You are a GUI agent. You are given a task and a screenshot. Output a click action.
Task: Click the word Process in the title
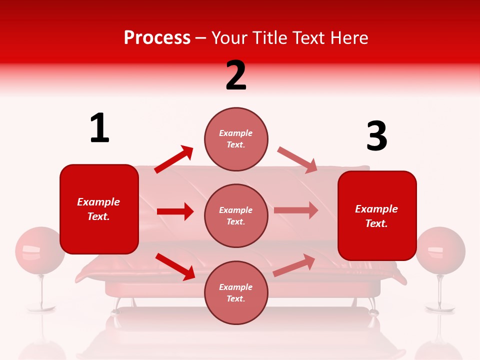pyautogui.click(x=157, y=38)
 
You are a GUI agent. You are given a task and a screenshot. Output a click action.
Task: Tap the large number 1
pyautogui.click(x=99, y=128)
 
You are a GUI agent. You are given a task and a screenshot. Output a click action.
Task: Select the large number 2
pyautogui.click(x=236, y=75)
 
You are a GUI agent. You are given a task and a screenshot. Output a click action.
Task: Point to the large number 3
pyautogui.click(x=376, y=136)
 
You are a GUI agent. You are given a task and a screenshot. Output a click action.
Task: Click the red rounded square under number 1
pyautogui.click(x=99, y=209)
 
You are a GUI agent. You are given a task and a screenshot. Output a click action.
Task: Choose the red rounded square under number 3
pyautogui.click(x=377, y=216)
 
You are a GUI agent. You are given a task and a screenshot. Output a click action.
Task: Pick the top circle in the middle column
pyautogui.click(x=236, y=138)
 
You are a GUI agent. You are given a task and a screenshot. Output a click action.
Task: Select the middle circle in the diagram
pyautogui.click(x=236, y=215)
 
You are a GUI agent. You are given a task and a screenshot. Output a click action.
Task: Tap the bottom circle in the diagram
pyautogui.click(x=236, y=292)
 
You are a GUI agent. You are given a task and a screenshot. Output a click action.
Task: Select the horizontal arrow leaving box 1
pyautogui.click(x=175, y=211)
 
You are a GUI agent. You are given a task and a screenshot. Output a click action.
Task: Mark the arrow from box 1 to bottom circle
pyautogui.click(x=175, y=266)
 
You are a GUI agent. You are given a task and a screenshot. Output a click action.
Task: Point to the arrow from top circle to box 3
pyautogui.click(x=297, y=160)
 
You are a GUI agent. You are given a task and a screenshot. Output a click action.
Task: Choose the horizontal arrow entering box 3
pyautogui.click(x=296, y=210)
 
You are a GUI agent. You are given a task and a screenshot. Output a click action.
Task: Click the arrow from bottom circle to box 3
pyautogui.click(x=294, y=265)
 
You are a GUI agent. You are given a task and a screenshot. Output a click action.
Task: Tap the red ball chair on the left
pyautogui.click(x=40, y=250)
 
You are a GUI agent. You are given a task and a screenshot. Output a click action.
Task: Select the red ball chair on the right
pyautogui.click(x=440, y=250)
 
